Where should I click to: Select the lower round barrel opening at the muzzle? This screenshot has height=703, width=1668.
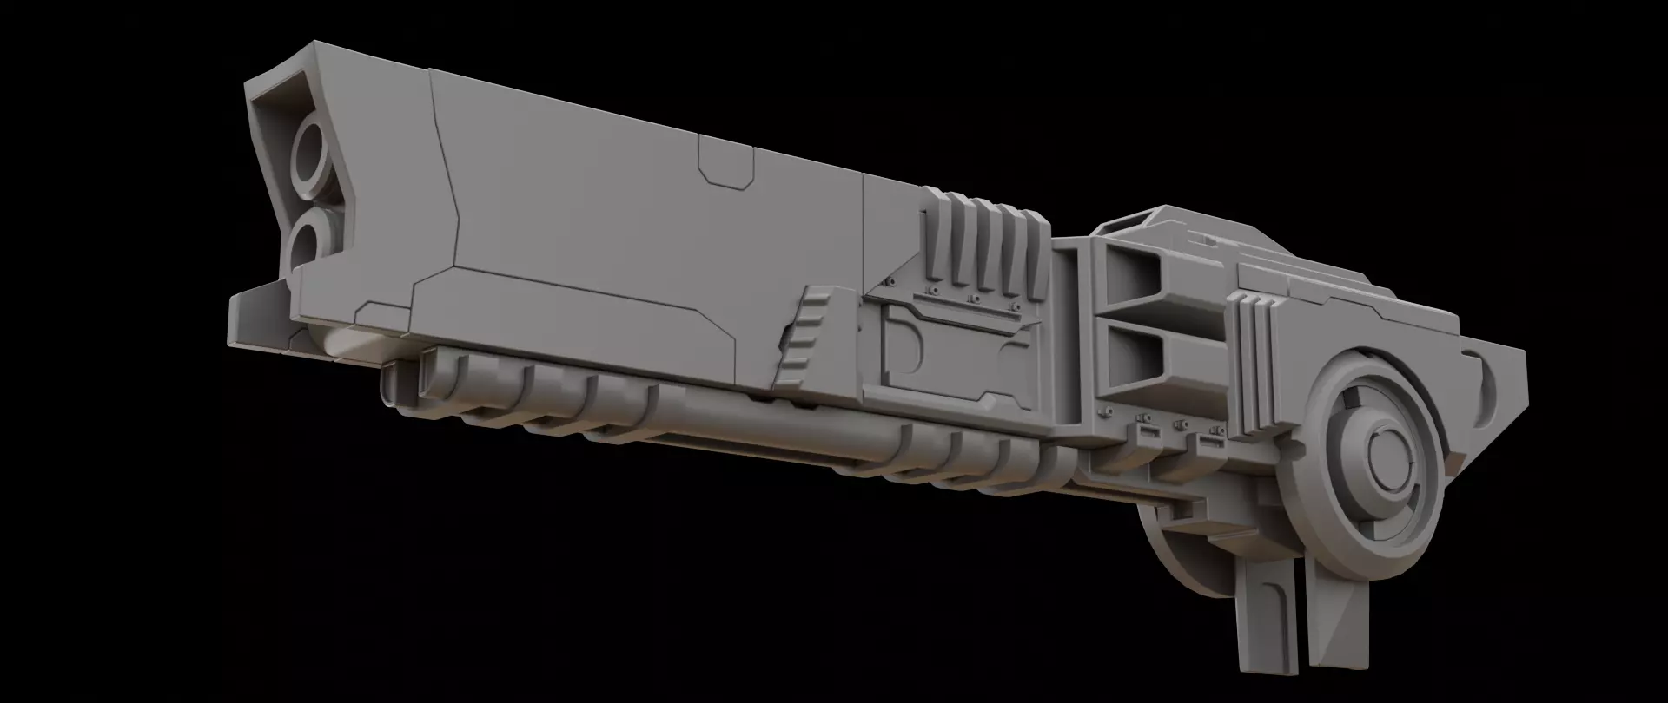click(306, 240)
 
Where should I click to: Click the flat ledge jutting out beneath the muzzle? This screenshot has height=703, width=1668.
click(252, 317)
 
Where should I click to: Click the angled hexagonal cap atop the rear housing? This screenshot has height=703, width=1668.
click(1155, 222)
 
